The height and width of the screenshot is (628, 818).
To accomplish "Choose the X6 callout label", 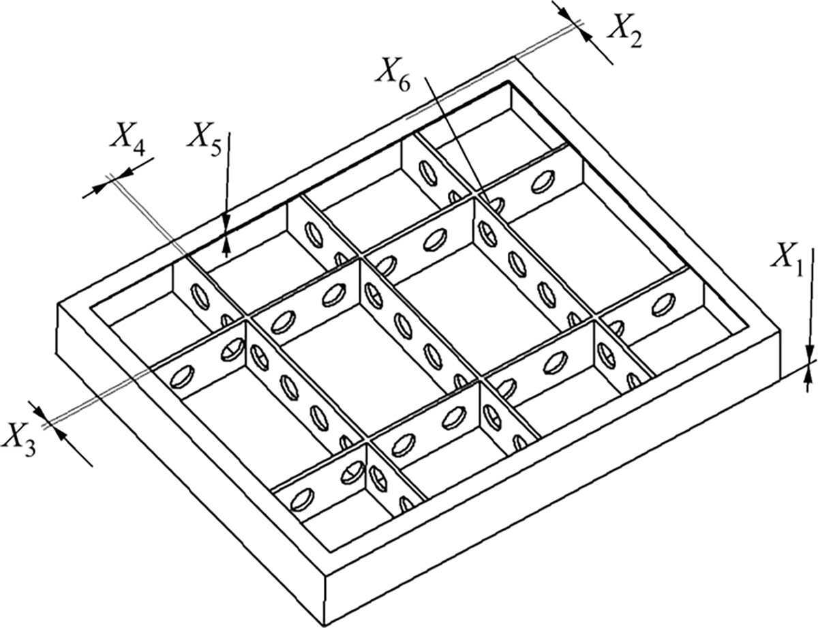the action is point(394,80).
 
